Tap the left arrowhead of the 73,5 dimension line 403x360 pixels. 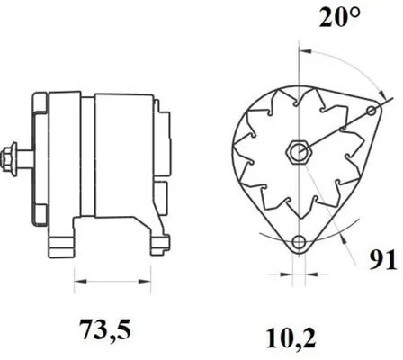click(76, 274)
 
